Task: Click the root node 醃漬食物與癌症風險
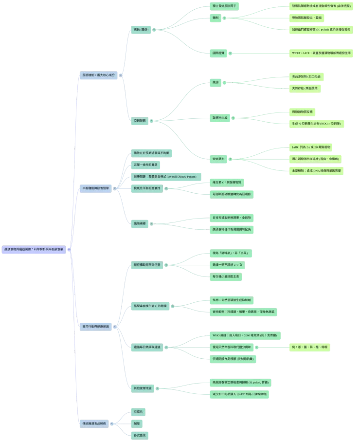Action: coord(36,249)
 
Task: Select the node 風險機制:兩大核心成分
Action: coord(100,75)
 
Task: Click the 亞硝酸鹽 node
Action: coord(141,120)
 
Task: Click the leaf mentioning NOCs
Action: coord(317,124)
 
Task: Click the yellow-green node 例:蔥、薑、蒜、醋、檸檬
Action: coord(309,347)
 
